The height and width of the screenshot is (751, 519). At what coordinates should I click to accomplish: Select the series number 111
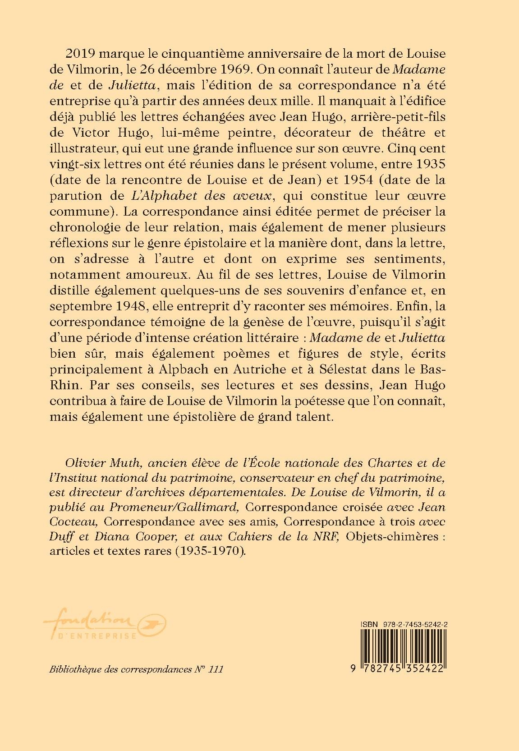216,669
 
